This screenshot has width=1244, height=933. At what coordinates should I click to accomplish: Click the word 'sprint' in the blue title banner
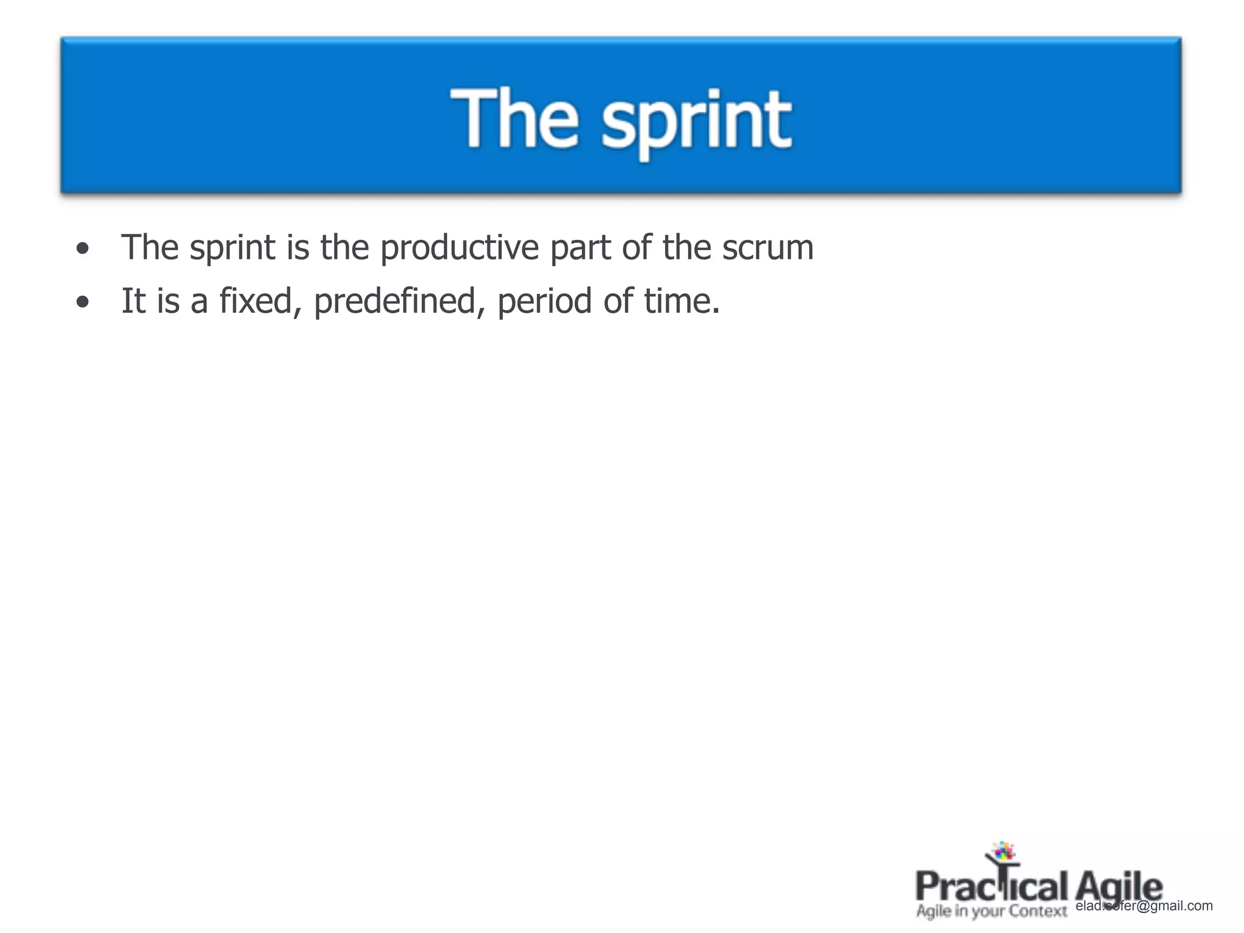[x=696, y=121]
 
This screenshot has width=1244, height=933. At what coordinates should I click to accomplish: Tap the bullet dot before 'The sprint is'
[x=83, y=248]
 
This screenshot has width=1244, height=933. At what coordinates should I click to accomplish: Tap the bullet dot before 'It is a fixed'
[x=83, y=302]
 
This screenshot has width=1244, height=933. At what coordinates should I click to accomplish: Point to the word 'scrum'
[x=768, y=248]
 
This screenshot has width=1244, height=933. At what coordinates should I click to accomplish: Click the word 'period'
[x=545, y=301]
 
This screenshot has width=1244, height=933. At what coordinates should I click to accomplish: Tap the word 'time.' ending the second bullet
[x=682, y=301]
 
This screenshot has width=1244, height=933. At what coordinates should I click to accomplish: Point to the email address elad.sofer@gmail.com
[x=1144, y=906]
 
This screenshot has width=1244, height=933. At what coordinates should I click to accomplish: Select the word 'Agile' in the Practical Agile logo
[x=1118, y=887]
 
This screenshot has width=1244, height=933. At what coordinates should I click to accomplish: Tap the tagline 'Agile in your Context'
[x=991, y=911]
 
